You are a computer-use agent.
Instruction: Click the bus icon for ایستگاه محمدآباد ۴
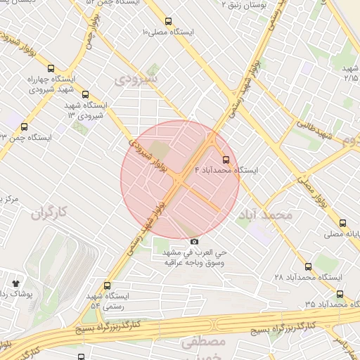tap(226, 160)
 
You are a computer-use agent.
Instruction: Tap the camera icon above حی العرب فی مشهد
tap(195, 242)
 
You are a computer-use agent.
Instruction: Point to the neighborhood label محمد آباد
tap(264, 214)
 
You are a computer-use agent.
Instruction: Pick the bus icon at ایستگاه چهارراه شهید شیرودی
tap(51, 69)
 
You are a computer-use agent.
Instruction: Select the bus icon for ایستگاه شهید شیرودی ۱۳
tap(86, 95)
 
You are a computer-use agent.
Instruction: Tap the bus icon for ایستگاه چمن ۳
tap(25, 127)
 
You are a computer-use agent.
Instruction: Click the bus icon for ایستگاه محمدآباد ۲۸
tap(308, 266)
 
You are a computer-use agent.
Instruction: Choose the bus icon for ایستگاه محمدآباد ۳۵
tap(340, 294)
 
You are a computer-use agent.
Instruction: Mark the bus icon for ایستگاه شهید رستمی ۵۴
tap(107, 286)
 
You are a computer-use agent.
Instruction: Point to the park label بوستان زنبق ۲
tap(233, 5)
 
